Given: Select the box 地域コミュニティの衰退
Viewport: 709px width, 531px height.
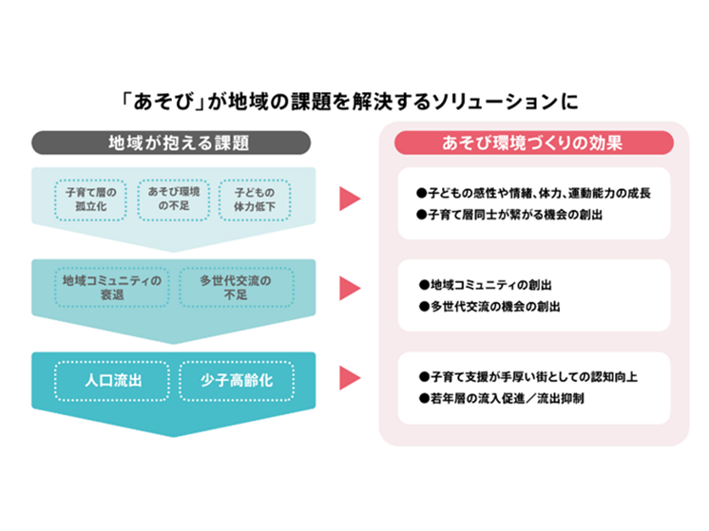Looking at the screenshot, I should click(x=111, y=288).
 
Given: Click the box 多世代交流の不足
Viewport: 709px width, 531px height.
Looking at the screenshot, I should click(x=236, y=288).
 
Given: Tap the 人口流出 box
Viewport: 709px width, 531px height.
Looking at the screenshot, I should click(x=111, y=381).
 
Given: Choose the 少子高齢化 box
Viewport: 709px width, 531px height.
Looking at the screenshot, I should click(x=236, y=381).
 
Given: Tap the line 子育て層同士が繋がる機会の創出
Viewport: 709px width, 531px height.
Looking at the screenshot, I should click(x=510, y=216).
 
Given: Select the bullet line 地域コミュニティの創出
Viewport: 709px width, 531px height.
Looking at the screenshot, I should click(x=486, y=285).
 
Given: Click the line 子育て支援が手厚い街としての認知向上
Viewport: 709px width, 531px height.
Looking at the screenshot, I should click(x=527, y=377).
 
